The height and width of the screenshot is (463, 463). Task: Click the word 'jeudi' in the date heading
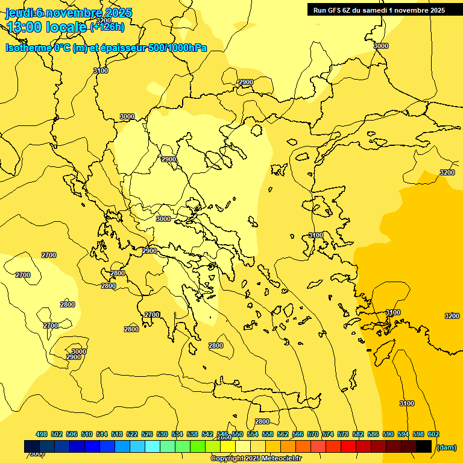pos(19,13)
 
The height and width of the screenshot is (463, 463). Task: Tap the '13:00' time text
pos(24,27)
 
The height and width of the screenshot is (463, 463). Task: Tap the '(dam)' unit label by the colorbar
pos(446,447)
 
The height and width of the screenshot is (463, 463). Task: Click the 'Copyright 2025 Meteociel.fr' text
pos(256,459)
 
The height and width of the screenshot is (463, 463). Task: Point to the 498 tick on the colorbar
pos(42,434)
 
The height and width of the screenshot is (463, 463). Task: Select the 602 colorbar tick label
pos(433,434)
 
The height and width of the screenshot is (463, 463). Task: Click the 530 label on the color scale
pos(162,434)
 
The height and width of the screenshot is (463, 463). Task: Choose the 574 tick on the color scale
pos(328,434)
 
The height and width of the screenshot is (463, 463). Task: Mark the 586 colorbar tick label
pos(373,434)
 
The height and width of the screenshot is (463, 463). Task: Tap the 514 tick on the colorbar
pos(102,434)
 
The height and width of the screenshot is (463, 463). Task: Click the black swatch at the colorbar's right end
pos(424,446)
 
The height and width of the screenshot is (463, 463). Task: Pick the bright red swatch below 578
pos(348,446)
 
